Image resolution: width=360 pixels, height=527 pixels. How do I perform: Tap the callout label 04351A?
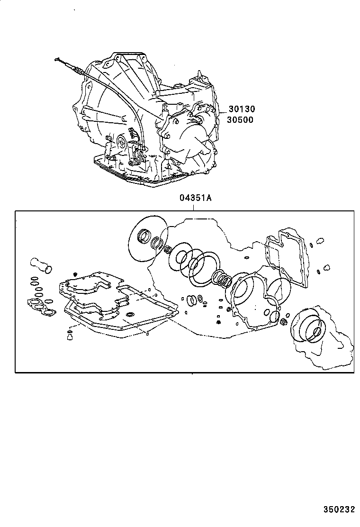point(195,198)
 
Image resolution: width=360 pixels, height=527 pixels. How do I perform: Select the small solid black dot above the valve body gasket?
point(75,273)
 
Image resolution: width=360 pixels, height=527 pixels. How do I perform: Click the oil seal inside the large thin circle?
point(144,236)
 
